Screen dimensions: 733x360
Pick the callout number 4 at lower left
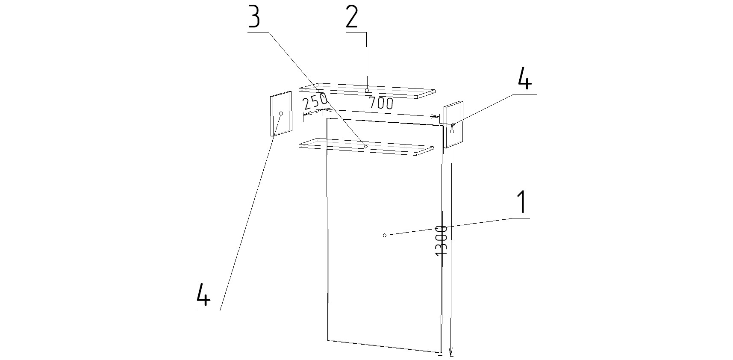point(203,295)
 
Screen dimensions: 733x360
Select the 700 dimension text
point(381,103)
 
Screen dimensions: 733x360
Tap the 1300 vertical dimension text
point(441,241)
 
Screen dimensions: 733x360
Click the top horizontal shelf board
point(367,91)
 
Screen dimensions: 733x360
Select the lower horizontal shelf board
point(367,147)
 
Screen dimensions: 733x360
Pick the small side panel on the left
point(281,113)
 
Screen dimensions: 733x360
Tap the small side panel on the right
point(453,124)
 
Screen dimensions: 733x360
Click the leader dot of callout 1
point(385,235)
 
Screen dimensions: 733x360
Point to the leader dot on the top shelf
point(367,90)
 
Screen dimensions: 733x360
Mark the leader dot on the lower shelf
point(366,147)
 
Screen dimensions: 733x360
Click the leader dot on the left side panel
point(281,113)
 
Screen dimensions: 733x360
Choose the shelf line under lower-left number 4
point(208,310)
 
